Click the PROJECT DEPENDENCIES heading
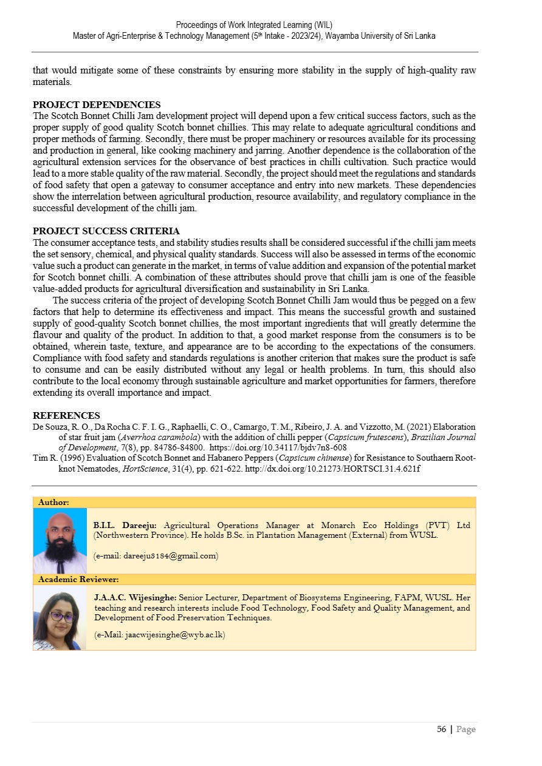[x=97, y=105]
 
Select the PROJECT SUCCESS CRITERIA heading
[x=106, y=231]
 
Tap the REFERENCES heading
[x=66, y=416]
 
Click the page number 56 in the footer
[x=442, y=729]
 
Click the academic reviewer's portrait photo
[x=60, y=618]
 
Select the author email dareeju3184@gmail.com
[x=156, y=555]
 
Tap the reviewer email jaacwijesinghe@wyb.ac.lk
[x=160, y=635]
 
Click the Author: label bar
[x=53, y=503]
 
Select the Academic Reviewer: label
[x=78, y=580]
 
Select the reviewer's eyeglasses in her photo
[x=61, y=617]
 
